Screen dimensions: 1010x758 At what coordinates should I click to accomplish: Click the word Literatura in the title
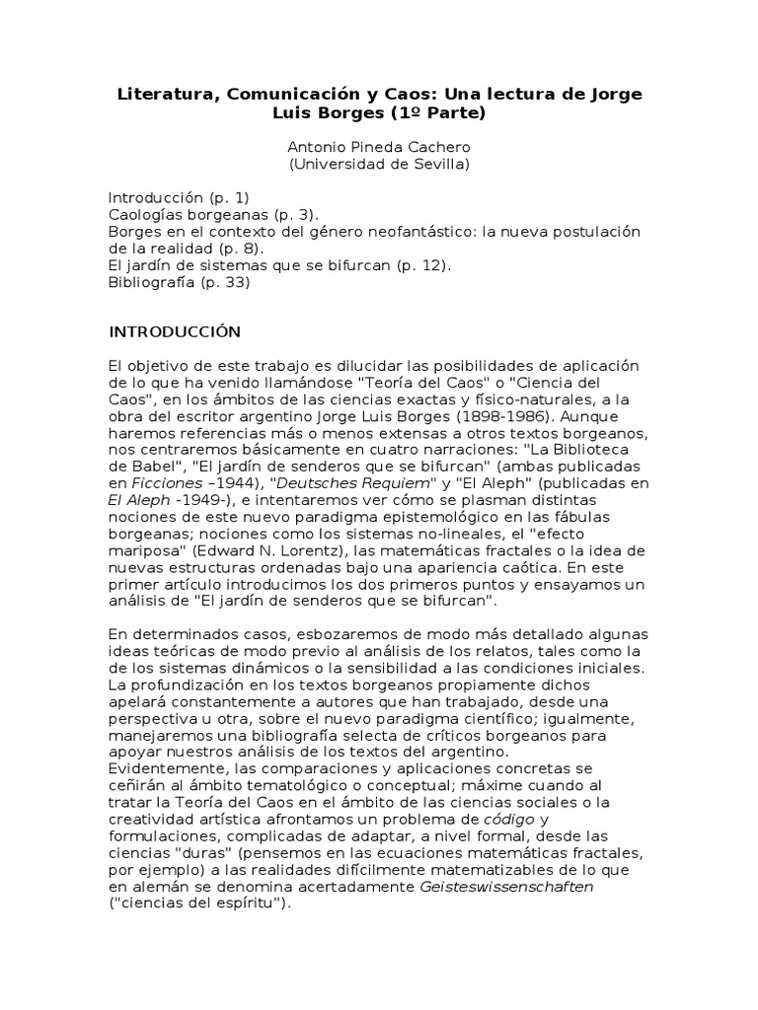click(x=163, y=95)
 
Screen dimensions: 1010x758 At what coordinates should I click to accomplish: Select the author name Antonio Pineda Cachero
click(x=379, y=147)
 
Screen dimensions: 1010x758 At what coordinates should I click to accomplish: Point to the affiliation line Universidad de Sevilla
click(x=379, y=164)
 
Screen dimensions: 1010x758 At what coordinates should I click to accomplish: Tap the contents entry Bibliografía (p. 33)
click(x=179, y=282)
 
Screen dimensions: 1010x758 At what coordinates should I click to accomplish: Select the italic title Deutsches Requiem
click(x=336, y=482)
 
